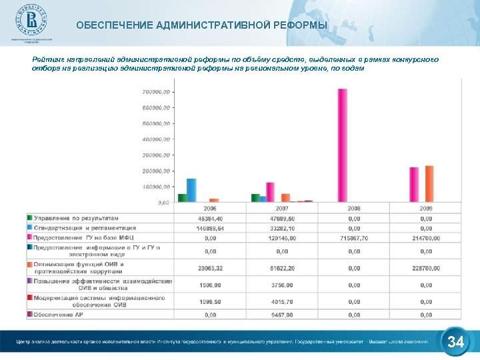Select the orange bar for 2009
429,183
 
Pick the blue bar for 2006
191,190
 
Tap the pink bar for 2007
270,191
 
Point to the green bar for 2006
182,197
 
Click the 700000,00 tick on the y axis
157,91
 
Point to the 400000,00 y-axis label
157,139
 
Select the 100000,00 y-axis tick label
157,187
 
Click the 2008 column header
354,209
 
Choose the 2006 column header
210,209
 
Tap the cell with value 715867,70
354,237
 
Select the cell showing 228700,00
426,268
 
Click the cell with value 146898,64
210,228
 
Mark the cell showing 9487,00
282,315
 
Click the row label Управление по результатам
76,218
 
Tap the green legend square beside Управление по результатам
30,218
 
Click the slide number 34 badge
456,343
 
